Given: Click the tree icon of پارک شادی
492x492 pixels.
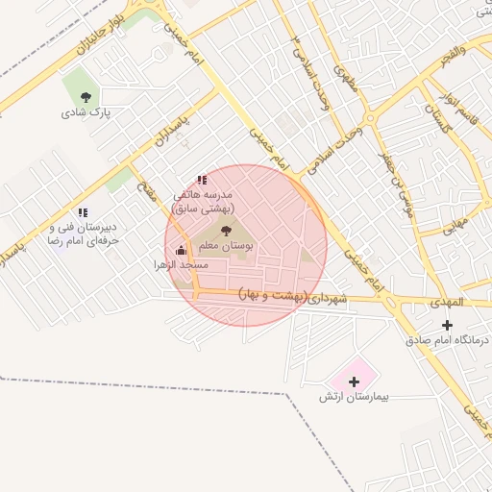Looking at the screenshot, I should [x=87, y=95].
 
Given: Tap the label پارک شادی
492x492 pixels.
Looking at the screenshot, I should [x=87, y=111].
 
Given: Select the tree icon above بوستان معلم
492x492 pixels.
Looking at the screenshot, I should [x=226, y=231].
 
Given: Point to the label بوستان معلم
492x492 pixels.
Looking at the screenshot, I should [x=227, y=247].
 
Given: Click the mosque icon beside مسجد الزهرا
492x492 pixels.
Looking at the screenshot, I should [x=182, y=250].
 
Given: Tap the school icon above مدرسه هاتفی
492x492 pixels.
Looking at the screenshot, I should [x=201, y=179].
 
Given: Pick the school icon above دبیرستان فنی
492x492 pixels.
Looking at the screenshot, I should [x=83, y=211].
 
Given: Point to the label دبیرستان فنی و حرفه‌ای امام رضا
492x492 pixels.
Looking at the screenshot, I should [x=84, y=234].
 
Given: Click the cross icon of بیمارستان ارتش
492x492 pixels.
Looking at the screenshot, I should [x=355, y=381].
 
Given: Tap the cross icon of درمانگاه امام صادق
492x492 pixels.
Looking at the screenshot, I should [x=446, y=325].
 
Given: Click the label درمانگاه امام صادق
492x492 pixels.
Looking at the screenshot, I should [x=447, y=340].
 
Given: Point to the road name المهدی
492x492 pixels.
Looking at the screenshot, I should [x=449, y=303].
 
